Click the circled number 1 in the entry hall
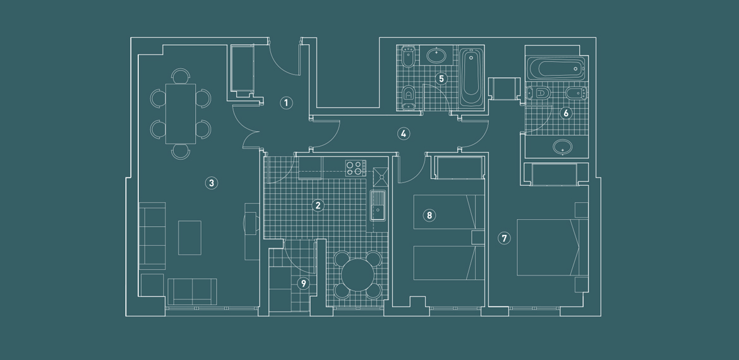(x=285, y=103)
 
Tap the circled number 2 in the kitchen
(x=318, y=205)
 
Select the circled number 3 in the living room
(x=212, y=183)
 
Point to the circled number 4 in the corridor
(x=403, y=134)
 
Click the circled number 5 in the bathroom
(x=442, y=78)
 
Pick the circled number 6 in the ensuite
(x=565, y=113)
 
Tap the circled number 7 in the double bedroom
(x=504, y=239)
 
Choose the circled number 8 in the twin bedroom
(x=429, y=215)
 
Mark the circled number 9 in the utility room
(x=304, y=283)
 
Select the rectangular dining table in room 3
(x=181, y=114)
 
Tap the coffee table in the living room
(x=190, y=238)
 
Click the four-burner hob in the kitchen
(x=356, y=168)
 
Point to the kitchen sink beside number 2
(x=378, y=206)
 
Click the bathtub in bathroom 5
(x=471, y=78)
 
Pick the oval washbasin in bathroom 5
(x=437, y=56)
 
